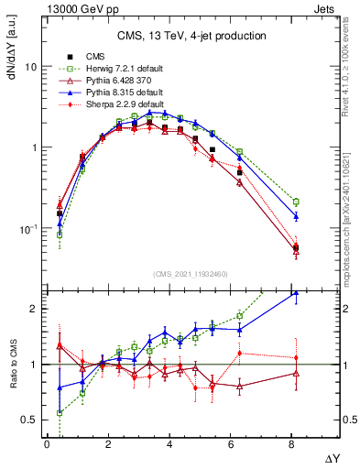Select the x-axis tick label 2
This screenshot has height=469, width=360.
tap(108, 444)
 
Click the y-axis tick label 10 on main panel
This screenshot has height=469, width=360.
tap(31, 67)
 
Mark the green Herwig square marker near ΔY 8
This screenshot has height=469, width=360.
tap(296, 202)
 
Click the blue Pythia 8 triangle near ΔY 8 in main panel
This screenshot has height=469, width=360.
tap(296, 217)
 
